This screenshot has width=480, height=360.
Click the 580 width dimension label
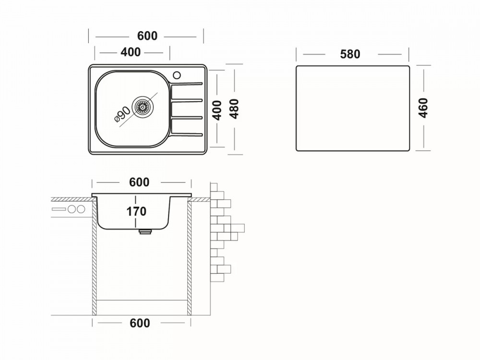[x=350, y=54]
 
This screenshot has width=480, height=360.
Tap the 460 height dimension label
[x=423, y=108]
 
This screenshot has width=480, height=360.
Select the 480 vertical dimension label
[x=235, y=109]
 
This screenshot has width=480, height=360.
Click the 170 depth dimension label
[x=137, y=211]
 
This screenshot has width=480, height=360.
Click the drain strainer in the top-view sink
[x=143, y=107]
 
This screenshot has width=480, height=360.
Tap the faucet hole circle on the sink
[x=177, y=75]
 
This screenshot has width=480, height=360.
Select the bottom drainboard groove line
[x=187, y=133]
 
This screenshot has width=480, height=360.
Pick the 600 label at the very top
[x=147, y=36]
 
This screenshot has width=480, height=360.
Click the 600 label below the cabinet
[x=140, y=323]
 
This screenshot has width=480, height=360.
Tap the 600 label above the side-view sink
[x=139, y=182]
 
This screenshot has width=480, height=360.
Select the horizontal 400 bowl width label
[x=131, y=52]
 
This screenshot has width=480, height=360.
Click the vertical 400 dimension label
[x=217, y=109]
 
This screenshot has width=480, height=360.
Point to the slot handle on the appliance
[x=59, y=209]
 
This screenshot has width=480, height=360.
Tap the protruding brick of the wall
[x=238, y=228]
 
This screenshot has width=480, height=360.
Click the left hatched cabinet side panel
[x=95, y=259]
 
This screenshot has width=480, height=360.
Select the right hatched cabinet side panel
[x=189, y=259]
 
